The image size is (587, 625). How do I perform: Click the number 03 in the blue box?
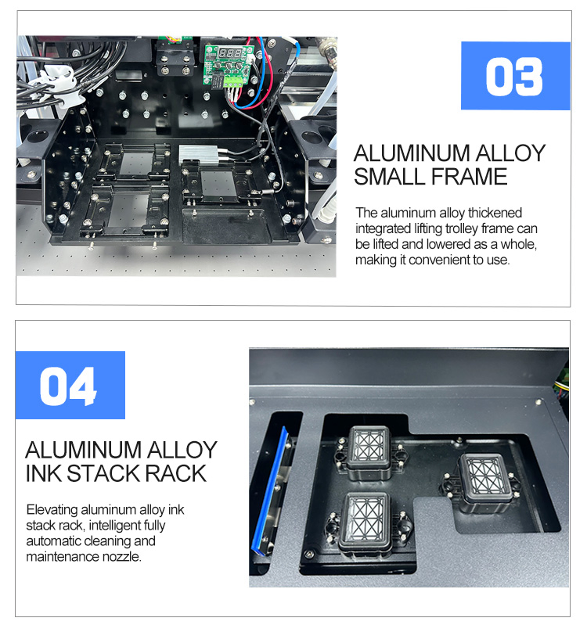click(x=513, y=76)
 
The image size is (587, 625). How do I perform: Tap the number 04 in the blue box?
click(x=69, y=386)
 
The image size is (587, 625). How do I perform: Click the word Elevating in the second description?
click(x=52, y=509)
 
